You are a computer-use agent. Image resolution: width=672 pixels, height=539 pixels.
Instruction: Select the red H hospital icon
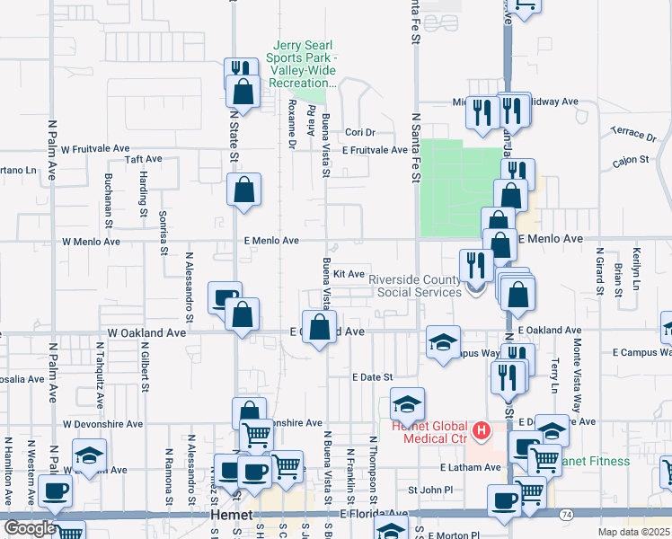[x=482, y=432]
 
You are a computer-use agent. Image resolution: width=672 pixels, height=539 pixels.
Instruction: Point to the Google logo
[x=30, y=528]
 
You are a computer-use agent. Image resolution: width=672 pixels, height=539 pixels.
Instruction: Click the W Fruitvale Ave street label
[x=96, y=148]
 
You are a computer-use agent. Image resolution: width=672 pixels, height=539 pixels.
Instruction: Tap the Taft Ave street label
[x=143, y=159]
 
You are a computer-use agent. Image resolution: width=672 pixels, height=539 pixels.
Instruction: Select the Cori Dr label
[x=359, y=132]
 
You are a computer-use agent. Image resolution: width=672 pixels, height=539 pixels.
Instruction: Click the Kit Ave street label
[x=349, y=274]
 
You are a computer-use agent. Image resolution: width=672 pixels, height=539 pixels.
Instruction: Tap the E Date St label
[x=373, y=378]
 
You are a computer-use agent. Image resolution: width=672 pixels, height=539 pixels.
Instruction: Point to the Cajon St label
[x=631, y=160]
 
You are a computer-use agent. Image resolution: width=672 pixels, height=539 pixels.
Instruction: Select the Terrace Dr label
[x=632, y=134]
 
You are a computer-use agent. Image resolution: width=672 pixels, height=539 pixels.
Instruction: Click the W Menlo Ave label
[x=91, y=243]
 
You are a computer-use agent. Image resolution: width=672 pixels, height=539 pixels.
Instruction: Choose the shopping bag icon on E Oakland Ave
[x=318, y=326]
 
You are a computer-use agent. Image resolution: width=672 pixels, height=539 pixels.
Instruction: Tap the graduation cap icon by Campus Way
[x=443, y=342]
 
